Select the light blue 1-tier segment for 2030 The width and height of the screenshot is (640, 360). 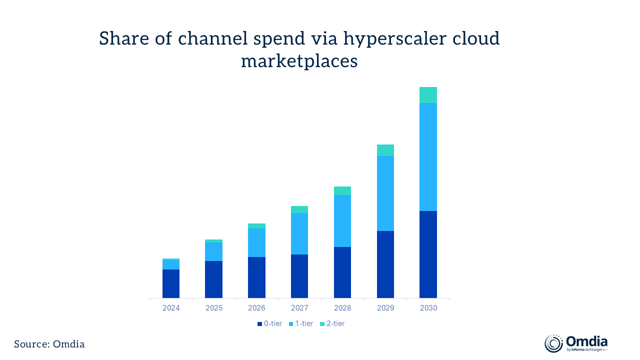428,156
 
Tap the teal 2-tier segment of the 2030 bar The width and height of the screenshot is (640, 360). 428,95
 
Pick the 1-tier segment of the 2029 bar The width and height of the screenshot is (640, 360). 385,193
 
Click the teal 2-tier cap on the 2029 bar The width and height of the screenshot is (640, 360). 385,150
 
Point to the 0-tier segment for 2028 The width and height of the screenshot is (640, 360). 342,272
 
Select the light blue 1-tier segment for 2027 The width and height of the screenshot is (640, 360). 299,233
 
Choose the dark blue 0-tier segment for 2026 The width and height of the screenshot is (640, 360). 256,277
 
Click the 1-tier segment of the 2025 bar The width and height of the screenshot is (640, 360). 213,251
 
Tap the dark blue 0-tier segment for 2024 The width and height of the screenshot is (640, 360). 171,283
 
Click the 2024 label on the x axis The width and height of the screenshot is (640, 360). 171,308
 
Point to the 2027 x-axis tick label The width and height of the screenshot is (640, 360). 299,308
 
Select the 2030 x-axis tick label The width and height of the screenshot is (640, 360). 428,308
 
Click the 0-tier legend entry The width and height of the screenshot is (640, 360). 269,323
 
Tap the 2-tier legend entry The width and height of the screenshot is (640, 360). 332,323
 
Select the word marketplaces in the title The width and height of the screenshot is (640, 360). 299,61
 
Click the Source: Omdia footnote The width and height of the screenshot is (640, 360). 49,344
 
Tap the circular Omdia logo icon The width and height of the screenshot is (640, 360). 553,343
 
